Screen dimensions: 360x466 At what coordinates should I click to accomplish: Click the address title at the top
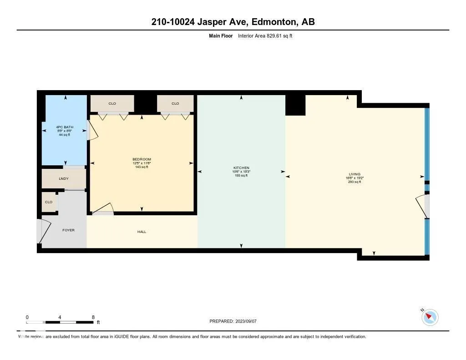(x=233, y=22)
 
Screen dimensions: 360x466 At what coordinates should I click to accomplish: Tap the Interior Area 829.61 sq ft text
(x=265, y=35)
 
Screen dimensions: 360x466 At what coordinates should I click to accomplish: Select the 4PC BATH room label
(x=64, y=127)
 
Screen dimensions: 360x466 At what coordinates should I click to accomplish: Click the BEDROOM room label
(x=142, y=159)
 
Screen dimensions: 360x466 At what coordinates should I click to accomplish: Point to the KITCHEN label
(x=241, y=168)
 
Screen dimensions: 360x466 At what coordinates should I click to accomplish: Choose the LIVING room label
(x=354, y=174)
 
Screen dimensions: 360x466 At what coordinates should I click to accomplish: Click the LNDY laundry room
(x=64, y=178)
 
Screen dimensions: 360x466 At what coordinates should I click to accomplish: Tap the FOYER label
(x=68, y=230)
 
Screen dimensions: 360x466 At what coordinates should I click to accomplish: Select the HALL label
(x=142, y=232)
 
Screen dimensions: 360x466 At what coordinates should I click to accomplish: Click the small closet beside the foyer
(x=49, y=202)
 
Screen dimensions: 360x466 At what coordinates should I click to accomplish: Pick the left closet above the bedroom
(x=112, y=103)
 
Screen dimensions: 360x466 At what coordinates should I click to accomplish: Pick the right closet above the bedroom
(x=175, y=103)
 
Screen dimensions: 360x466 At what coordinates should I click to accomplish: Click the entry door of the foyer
(x=41, y=231)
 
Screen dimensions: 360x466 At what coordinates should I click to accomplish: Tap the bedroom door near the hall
(x=103, y=208)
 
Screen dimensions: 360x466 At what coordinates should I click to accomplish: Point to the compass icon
(x=430, y=317)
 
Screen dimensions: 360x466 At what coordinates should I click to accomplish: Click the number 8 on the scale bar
(x=93, y=317)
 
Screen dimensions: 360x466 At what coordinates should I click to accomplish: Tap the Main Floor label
(x=221, y=35)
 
